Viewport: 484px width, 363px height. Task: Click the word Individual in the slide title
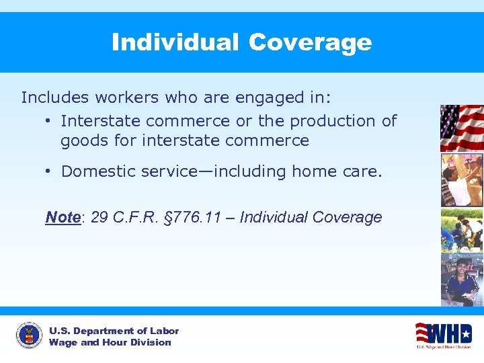(x=175, y=42)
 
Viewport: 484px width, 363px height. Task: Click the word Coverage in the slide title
(x=309, y=42)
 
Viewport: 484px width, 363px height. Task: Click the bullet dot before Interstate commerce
(x=49, y=121)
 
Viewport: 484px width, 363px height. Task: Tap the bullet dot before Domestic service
(x=49, y=171)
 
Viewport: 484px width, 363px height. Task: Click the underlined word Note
(x=63, y=217)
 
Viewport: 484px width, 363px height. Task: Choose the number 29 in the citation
(x=99, y=217)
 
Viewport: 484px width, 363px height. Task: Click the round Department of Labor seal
(x=28, y=336)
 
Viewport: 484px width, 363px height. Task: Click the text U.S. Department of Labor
(x=114, y=331)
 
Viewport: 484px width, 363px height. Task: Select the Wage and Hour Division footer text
(x=110, y=343)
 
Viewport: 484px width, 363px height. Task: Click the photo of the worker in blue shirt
(x=461, y=279)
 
